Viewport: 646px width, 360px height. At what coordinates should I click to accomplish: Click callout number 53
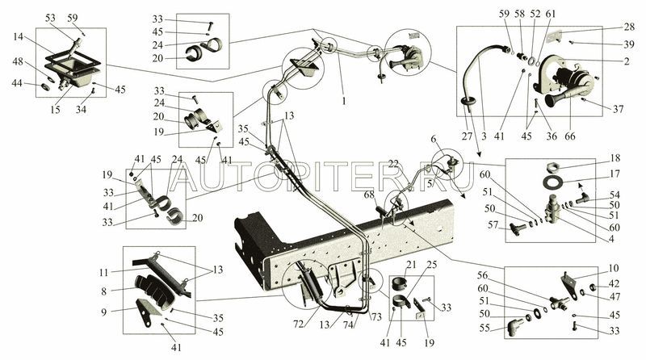51,17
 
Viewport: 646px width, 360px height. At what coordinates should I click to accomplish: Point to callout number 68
369,194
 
